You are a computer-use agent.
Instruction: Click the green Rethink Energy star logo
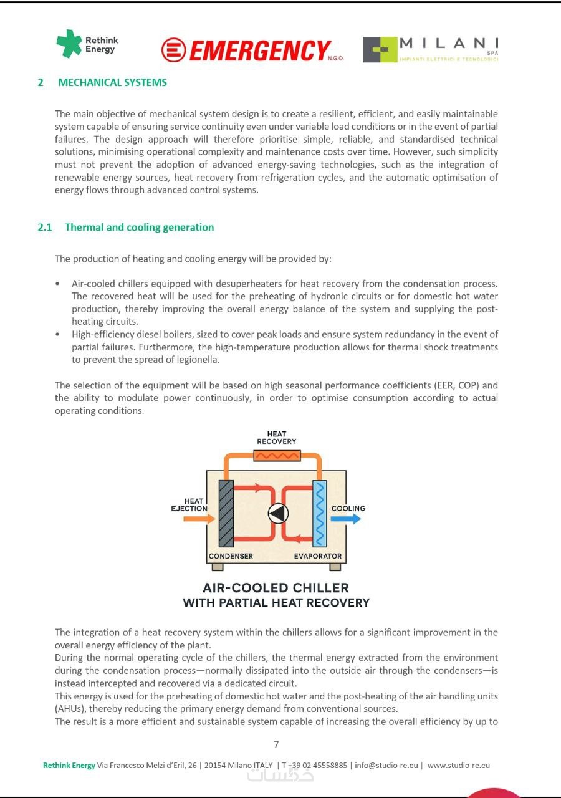pos(69,44)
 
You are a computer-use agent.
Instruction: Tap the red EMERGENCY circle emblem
pos(173,49)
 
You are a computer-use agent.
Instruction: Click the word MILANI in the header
pos(449,43)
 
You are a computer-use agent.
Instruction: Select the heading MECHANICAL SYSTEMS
pos(112,82)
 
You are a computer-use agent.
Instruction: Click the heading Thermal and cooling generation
pos(139,228)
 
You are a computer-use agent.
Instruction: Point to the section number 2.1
pos(45,228)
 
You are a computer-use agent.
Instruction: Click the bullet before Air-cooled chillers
pos(57,284)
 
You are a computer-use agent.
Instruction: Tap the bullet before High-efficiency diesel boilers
pos(57,335)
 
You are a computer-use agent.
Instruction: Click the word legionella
pos(196,360)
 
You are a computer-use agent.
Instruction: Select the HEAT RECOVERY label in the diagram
pos(276,438)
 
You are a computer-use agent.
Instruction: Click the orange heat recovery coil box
pos(277,456)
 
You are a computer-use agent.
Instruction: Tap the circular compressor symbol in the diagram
pos(278,513)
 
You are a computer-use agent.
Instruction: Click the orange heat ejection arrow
pos(199,519)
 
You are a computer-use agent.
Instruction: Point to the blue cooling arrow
pos(346,519)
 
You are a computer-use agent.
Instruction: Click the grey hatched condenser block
pos(226,513)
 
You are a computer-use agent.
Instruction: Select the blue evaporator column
pos(320,513)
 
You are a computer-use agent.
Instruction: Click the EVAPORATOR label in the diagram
pos(318,556)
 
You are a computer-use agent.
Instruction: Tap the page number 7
pos(276,744)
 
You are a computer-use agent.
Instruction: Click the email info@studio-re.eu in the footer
pos(386,765)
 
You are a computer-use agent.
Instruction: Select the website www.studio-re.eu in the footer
pos(459,765)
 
